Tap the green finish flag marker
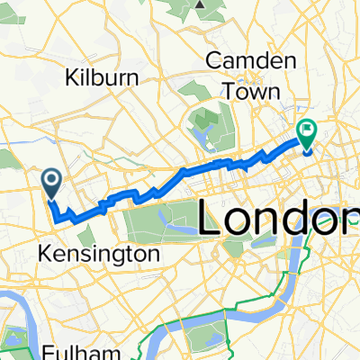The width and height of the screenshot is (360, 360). (308, 134)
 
